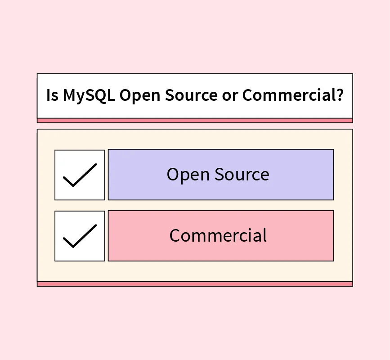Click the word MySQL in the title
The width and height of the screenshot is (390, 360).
(89, 95)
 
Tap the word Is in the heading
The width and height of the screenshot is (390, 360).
(52, 95)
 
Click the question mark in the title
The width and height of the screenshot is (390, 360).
(340, 95)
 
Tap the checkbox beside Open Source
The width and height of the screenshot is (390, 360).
(80, 175)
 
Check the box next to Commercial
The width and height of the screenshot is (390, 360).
(80, 236)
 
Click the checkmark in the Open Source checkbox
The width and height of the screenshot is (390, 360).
(80, 175)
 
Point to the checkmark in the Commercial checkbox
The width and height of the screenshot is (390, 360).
(80, 237)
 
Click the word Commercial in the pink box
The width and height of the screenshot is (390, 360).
(218, 236)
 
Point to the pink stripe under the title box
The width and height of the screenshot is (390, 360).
(195, 121)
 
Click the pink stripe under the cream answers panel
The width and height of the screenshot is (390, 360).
(195, 284)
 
